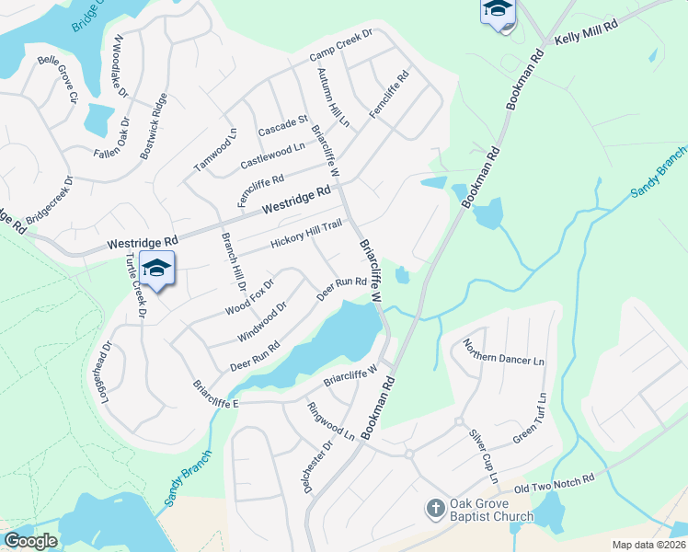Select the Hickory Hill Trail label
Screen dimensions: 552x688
point(306,234)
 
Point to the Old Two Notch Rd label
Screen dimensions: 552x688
point(556,483)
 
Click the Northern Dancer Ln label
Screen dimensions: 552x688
point(503,353)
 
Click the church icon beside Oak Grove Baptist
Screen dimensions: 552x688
point(436,509)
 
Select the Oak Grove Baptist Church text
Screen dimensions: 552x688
point(491,510)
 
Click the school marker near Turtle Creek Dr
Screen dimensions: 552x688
point(157,269)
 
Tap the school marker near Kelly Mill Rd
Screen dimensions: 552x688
point(497,11)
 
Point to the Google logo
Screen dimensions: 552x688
point(30,541)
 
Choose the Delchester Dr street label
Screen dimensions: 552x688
point(318,466)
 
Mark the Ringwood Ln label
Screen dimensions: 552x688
point(330,420)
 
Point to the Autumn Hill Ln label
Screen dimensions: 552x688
point(333,97)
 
